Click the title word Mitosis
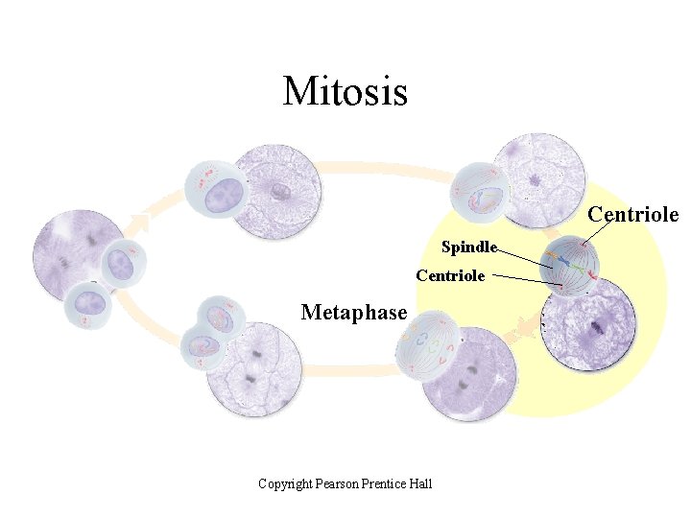(x=345, y=91)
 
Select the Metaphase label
(x=354, y=313)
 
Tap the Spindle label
(x=468, y=247)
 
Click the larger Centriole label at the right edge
(x=632, y=214)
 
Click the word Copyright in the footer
(x=285, y=483)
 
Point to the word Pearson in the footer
(x=337, y=483)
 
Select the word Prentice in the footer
(x=386, y=483)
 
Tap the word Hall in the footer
(x=421, y=483)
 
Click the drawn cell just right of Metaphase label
(x=428, y=344)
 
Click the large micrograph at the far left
(x=79, y=254)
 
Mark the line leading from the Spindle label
(x=525, y=256)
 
